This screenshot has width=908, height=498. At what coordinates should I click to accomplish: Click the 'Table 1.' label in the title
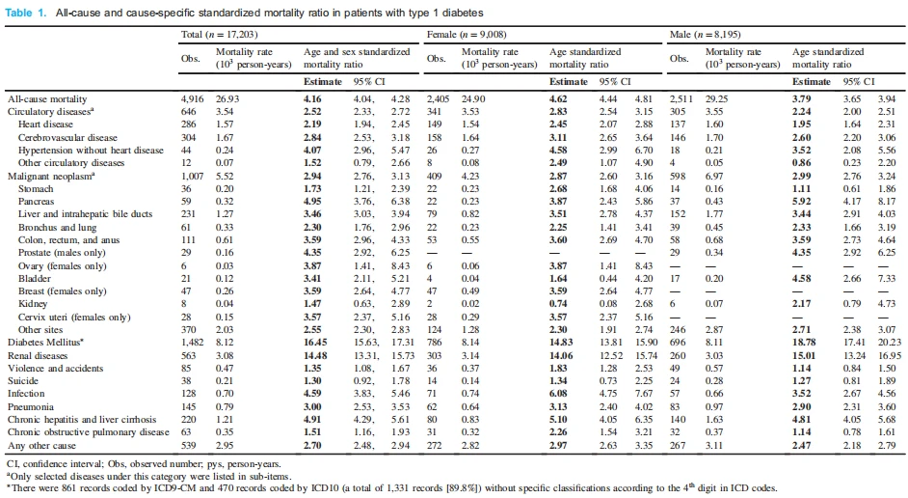[25, 13]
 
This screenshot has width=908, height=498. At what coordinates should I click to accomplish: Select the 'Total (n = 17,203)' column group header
[220, 35]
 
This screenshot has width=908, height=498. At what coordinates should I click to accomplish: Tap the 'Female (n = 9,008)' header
[467, 35]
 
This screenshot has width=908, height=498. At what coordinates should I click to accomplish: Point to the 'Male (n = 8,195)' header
[705, 35]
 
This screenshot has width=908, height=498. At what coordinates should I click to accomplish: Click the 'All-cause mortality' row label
[47, 99]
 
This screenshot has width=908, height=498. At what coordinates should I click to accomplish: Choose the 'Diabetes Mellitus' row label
[45, 342]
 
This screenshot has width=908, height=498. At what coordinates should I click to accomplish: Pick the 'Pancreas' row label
[36, 202]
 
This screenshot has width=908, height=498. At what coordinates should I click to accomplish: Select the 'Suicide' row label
[23, 381]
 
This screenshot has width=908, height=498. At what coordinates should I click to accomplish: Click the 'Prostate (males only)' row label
[62, 253]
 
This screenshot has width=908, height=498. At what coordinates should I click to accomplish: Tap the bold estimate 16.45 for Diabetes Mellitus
[315, 343]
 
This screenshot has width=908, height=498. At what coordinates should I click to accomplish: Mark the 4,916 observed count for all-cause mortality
[192, 99]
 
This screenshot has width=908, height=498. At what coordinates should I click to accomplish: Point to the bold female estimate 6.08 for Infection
[558, 394]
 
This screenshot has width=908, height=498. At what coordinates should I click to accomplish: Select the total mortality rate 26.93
[227, 99]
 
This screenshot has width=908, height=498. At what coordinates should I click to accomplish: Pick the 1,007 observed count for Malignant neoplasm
[192, 177]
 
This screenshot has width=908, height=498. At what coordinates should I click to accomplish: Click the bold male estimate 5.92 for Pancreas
[801, 202]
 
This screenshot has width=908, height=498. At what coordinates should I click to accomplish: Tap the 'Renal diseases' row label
[38, 355]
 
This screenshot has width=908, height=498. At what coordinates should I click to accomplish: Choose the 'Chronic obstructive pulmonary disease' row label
[89, 432]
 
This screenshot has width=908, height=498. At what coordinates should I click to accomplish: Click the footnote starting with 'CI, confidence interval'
[145, 464]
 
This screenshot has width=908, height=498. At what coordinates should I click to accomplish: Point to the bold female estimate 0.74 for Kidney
[558, 304]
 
